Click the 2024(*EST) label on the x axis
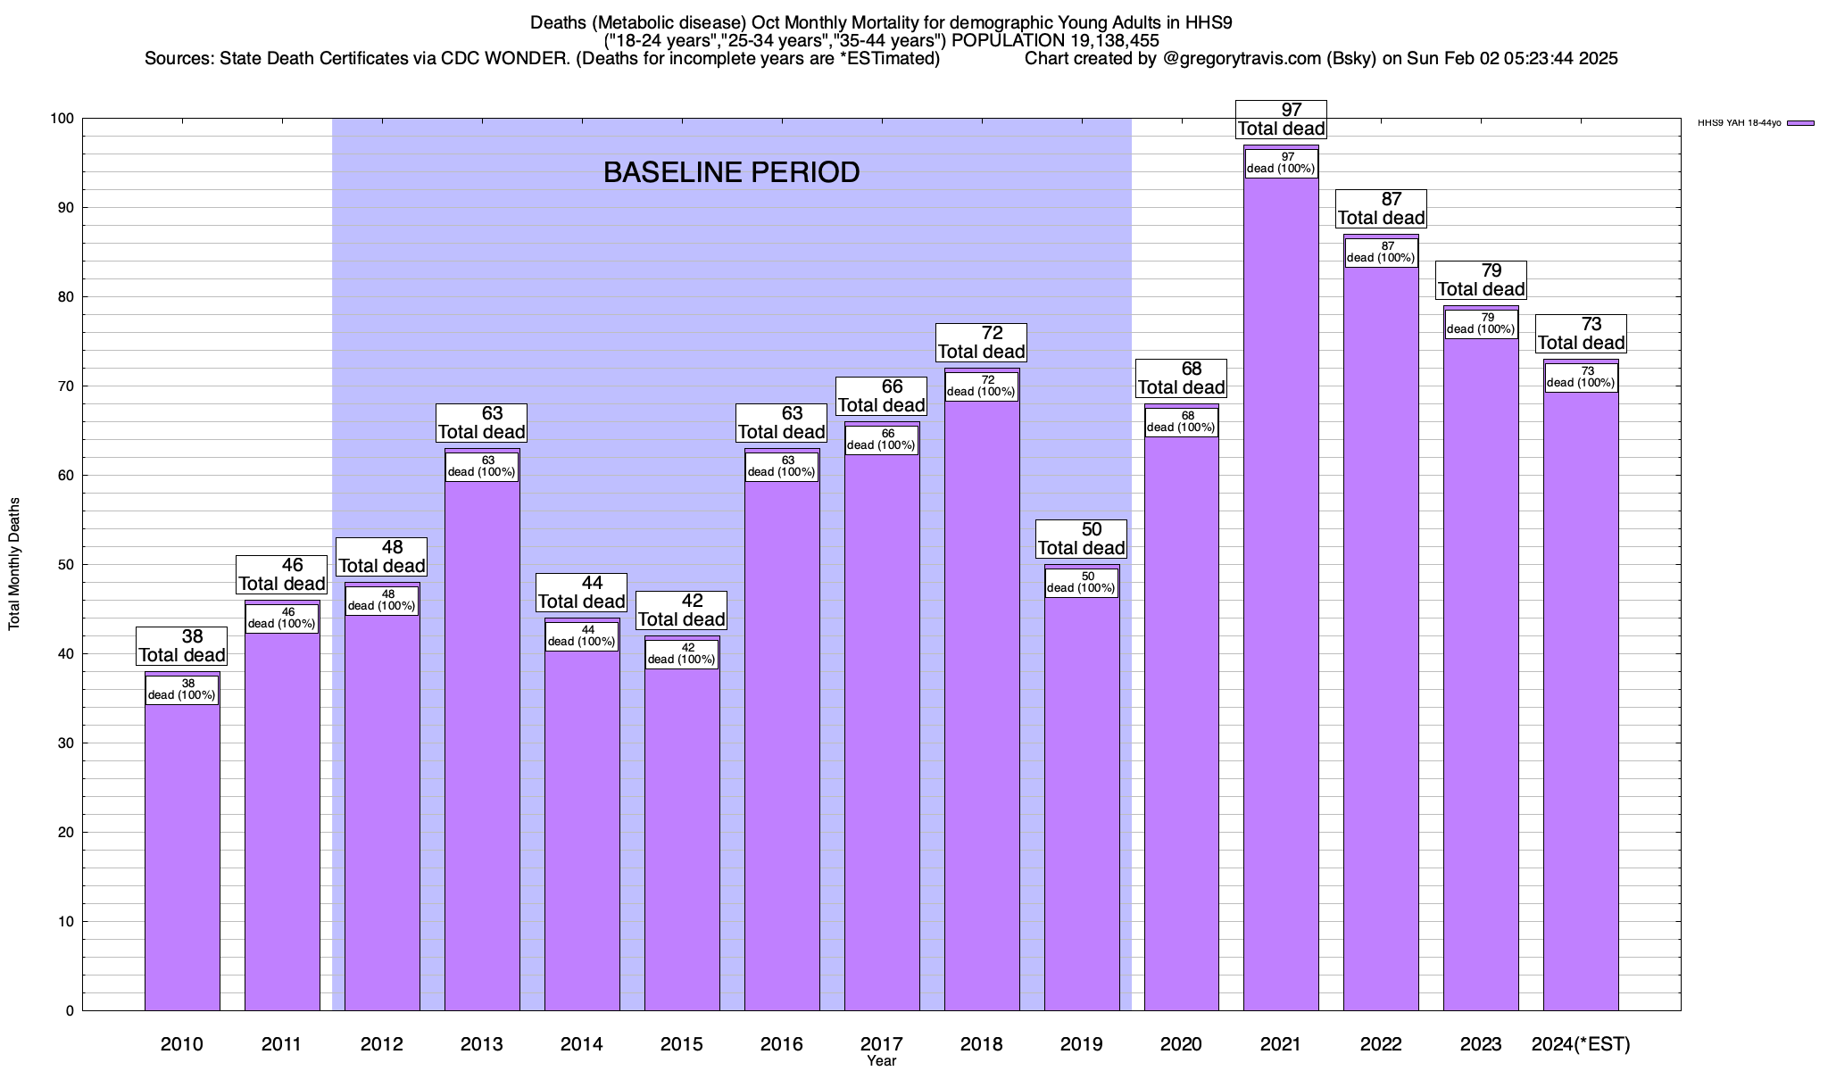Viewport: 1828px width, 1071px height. [1581, 1044]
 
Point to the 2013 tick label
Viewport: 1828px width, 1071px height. [482, 1044]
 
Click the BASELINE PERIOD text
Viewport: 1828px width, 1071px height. [731, 172]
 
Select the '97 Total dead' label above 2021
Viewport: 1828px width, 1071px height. [1281, 120]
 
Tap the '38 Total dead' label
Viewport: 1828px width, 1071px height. [182, 646]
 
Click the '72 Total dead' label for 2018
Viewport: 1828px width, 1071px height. [982, 343]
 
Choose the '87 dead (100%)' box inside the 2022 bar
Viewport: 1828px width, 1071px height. [1381, 253]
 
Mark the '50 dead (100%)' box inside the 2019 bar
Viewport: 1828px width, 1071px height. [1081, 583]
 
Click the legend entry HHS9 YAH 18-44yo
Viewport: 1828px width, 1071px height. [1755, 123]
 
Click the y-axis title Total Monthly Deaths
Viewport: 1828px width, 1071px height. [14, 564]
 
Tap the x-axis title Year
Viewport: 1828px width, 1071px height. [881, 1061]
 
